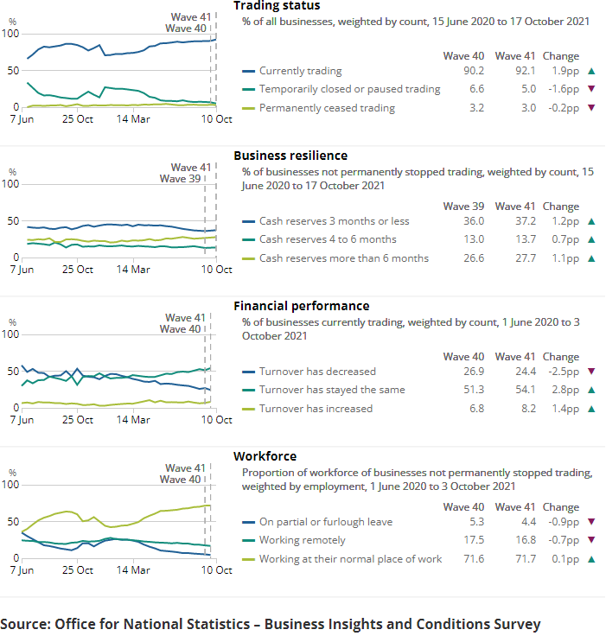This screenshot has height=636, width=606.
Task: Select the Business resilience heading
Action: pos(290,156)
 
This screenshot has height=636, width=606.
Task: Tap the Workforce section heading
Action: pos(265,456)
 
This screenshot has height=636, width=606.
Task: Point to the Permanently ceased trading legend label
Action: pos(327,108)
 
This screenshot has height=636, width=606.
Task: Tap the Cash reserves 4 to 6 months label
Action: pos(328,239)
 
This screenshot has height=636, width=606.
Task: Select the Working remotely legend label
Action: pos(302,540)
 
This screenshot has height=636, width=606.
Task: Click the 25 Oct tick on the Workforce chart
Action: pos(79,570)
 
